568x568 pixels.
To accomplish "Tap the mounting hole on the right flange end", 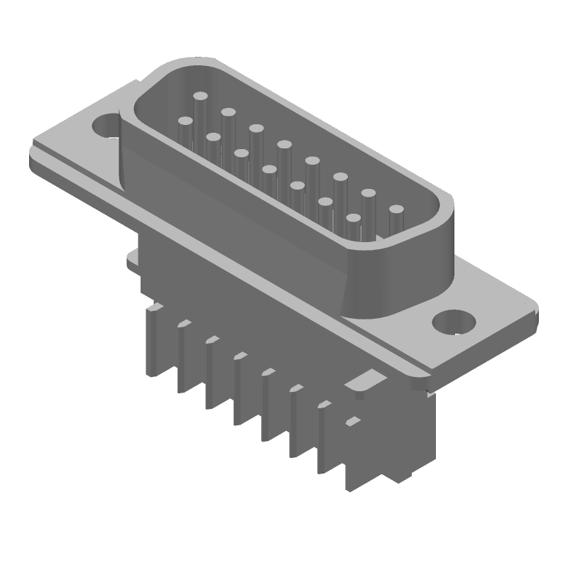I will [x=452, y=322].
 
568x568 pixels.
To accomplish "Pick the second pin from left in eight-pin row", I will [x=228, y=112].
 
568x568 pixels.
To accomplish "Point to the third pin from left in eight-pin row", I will [x=256, y=129].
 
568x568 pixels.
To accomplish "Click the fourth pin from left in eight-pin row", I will [x=284, y=145].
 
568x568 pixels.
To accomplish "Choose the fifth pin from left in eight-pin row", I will [x=312, y=161].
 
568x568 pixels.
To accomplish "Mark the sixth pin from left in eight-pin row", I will [x=340, y=177].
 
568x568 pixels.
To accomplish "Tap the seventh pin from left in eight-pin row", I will [x=368, y=193].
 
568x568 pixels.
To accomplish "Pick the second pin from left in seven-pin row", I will [x=213, y=137].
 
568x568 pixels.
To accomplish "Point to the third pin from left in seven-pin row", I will [x=241, y=153].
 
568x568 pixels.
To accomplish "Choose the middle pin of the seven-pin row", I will [x=269, y=170].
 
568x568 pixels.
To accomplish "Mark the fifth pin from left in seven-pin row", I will [x=297, y=186].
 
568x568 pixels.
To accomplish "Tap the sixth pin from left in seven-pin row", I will [x=325, y=202].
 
